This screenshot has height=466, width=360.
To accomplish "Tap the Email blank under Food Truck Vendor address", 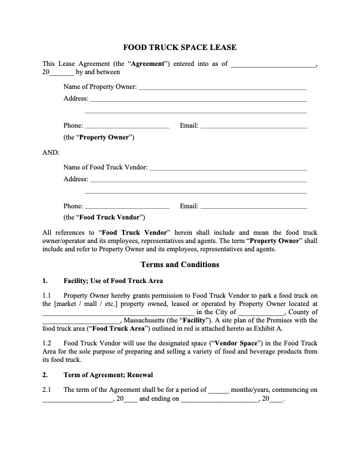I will coord(254,206).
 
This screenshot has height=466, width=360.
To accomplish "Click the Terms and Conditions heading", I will coord(179,265).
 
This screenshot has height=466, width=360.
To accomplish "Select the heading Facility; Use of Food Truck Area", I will coord(114,280).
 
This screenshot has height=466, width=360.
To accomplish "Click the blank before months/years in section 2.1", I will coord(219,390).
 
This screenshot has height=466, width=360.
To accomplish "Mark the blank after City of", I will coord(261,312).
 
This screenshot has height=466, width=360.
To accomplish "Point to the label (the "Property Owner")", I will coord(99,138).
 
